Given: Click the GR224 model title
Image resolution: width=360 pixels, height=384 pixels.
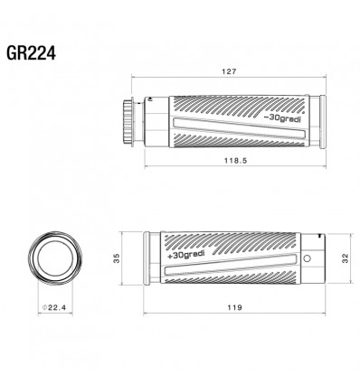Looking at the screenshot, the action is [x=31, y=53].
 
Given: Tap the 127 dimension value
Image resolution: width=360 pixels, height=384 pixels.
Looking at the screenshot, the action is [x=230, y=71].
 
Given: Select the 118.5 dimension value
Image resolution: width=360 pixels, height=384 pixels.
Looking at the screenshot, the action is [x=235, y=161].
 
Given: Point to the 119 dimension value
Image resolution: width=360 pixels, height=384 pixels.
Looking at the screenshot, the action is [x=235, y=307].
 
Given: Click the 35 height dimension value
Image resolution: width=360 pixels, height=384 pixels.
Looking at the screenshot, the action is [x=117, y=258].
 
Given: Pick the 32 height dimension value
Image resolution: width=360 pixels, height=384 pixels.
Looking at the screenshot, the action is [x=346, y=258].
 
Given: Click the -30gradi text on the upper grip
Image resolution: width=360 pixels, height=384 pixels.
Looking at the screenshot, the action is [x=282, y=118].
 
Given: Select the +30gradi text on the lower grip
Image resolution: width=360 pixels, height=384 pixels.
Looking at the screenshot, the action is [x=186, y=255].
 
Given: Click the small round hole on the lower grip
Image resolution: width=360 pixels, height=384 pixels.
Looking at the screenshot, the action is [x=308, y=258].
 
